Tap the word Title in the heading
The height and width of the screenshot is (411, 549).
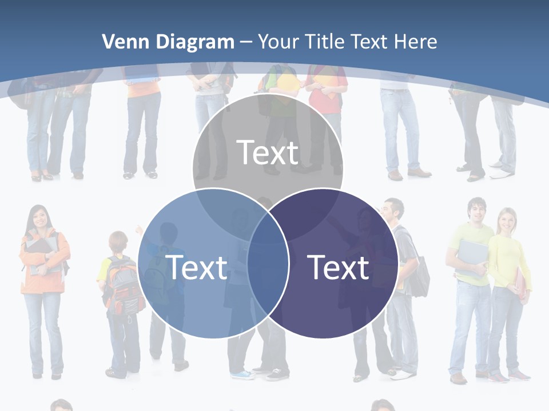[325, 42]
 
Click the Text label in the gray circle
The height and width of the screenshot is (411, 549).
[268, 152]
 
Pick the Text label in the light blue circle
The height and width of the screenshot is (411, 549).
[196, 267]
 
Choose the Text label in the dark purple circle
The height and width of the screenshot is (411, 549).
[338, 267]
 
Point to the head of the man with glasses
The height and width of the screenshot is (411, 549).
[393, 210]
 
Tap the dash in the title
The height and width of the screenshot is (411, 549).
[246, 42]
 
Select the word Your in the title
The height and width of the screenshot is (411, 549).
[278, 42]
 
